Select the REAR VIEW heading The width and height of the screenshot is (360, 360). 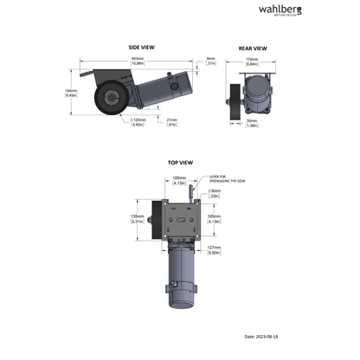point(252,48)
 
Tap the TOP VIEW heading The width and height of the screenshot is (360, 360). point(180,162)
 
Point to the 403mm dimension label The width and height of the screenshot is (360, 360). point(137,61)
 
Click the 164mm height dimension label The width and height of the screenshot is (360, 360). point(73,93)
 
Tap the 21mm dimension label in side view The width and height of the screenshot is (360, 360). point(171,123)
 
